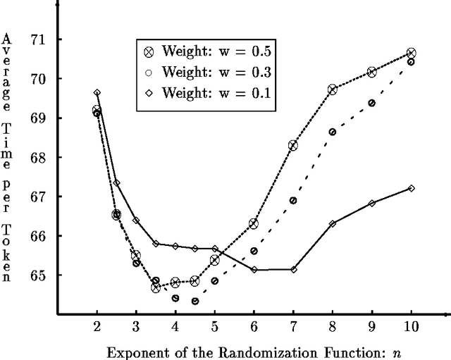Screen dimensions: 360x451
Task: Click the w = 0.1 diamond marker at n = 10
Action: click(412, 188)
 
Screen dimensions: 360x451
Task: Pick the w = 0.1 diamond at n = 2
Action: click(97, 92)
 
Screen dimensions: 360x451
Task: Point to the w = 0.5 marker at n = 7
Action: click(293, 145)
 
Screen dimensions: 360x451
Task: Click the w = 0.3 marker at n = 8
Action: click(333, 132)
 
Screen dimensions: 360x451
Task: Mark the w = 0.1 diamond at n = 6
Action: click(254, 270)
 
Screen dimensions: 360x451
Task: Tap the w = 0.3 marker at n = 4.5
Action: click(194, 301)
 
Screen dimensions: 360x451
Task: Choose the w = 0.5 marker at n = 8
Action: click(333, 89)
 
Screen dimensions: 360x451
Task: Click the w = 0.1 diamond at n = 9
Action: click(372, 203)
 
